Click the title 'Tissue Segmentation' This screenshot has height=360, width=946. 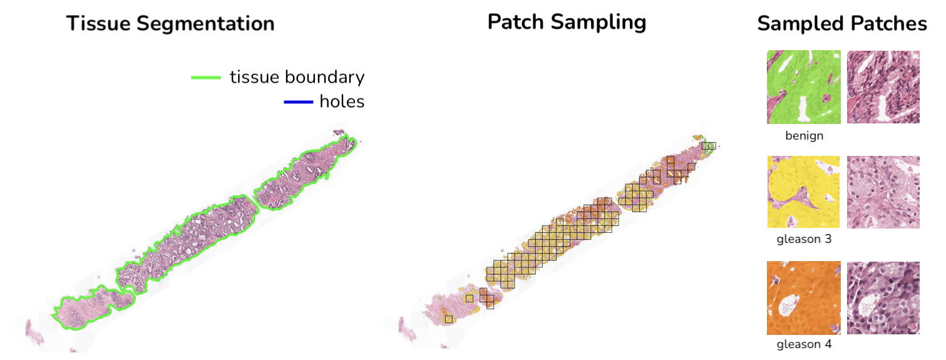(x=170, y=24)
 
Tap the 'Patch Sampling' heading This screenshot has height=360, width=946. (x=567, y=22)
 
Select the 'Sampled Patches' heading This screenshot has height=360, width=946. (x=841, y=24)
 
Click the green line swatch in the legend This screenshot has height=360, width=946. (x=206, y=78)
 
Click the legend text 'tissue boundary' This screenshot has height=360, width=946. (x=297, y=77)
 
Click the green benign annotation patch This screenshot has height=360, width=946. (x=803, y=87)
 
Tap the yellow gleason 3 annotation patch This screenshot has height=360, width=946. (x=803, y=192)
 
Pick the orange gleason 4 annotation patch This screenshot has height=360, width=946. (x=803, y=298)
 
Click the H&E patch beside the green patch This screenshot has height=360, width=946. (x=883, y=87)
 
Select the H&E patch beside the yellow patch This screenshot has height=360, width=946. (x=883, y=192)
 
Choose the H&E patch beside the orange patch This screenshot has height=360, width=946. (x=883, y=298)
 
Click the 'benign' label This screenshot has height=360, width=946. (x=804, y=135)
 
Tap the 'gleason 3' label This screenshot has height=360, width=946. (x=804, y=239)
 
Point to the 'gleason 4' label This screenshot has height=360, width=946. (x=804, y=344)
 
